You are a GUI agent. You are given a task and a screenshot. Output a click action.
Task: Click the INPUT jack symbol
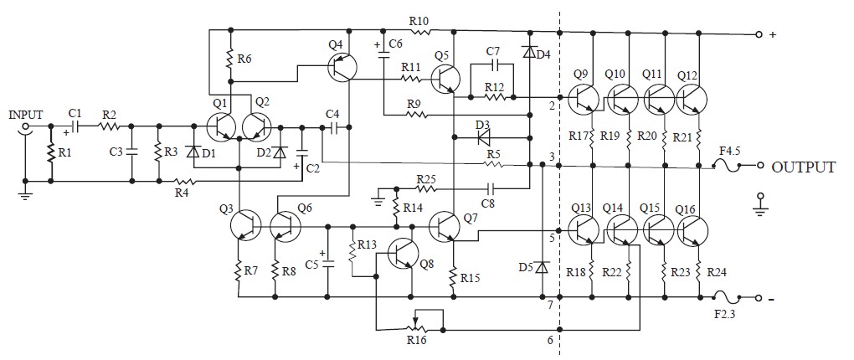[25, 126]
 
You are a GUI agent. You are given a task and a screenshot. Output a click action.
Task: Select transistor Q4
[342, 67]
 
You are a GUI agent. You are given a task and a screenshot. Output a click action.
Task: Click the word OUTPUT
[804, 167]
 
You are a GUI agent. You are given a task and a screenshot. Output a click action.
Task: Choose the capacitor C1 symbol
[75, 126]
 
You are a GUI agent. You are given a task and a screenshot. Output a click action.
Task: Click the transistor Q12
[692, 99]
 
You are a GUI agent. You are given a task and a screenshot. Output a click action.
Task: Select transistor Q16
[692, 230]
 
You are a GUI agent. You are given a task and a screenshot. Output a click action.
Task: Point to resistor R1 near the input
[51, 153]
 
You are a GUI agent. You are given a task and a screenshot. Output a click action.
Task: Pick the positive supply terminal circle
[759, 33]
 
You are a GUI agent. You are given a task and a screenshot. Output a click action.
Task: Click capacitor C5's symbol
[328, 261]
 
